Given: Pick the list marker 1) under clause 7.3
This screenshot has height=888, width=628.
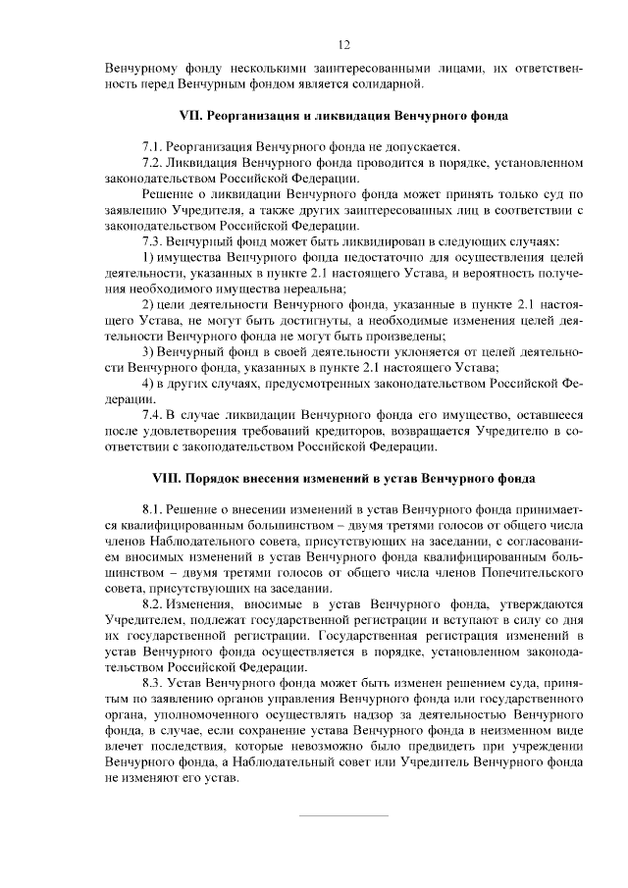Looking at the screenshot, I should tap(148, 257).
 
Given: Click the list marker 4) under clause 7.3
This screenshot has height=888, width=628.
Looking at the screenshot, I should tap(148, 383).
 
